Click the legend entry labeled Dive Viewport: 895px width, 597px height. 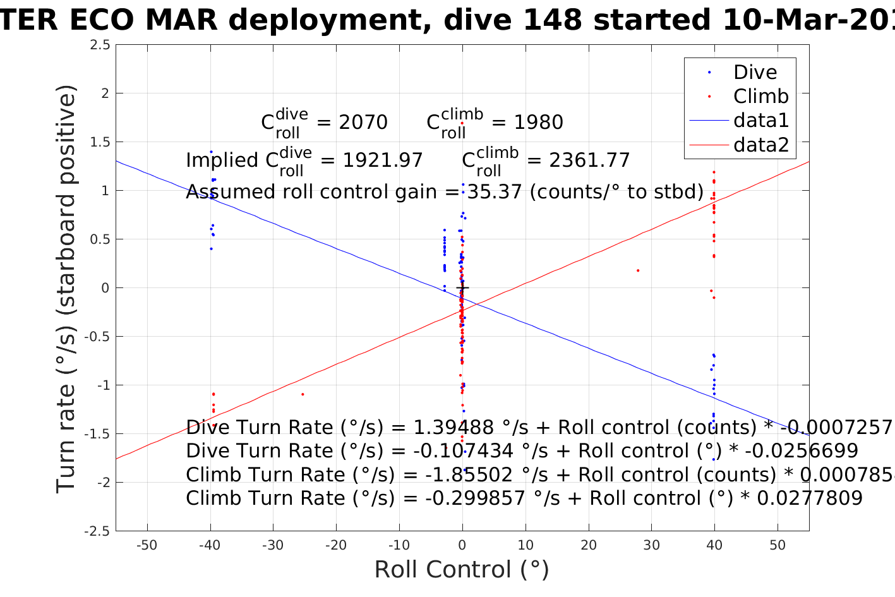click(755, 73)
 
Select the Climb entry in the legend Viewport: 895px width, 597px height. click(760, 97)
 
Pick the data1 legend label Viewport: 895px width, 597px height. click(761, 121)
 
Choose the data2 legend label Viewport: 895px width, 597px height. click(761, 145)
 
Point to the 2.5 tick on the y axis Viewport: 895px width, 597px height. click(100, 45)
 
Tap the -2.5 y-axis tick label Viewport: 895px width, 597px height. click(97, 531)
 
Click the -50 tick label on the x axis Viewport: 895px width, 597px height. click(147, 545)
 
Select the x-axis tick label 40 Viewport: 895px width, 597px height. click(714, 545)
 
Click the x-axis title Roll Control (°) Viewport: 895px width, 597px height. click(462, 570)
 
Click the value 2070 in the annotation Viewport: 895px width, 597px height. click(363, 123)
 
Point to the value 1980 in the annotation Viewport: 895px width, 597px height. click(538, 123)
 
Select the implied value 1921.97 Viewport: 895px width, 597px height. click(383, 160)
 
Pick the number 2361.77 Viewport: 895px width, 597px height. click(590, 160)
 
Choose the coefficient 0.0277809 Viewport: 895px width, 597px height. click(809, 498)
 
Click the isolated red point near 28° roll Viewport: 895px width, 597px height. click(638, 270)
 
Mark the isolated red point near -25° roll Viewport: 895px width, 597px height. click(303, 394)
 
